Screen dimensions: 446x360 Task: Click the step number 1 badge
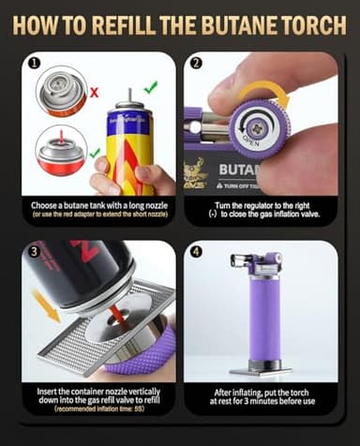pos(33,66)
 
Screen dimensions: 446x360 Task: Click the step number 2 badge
pos(195,66)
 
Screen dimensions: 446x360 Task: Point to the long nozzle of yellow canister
pos(125,97)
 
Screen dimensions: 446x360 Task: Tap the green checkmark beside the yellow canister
pos(151,87)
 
